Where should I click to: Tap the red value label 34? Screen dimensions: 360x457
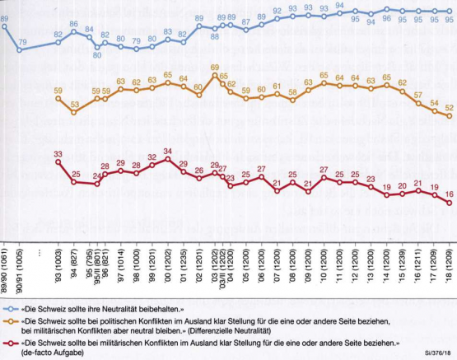[x=167, y=151]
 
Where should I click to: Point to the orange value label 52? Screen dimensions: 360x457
[x=450, y=107]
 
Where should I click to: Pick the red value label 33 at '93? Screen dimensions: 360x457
[x=58, y=154]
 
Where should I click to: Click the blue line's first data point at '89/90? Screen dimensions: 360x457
[x=5, y=27]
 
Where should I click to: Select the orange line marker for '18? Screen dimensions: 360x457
[x=450, y=116]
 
